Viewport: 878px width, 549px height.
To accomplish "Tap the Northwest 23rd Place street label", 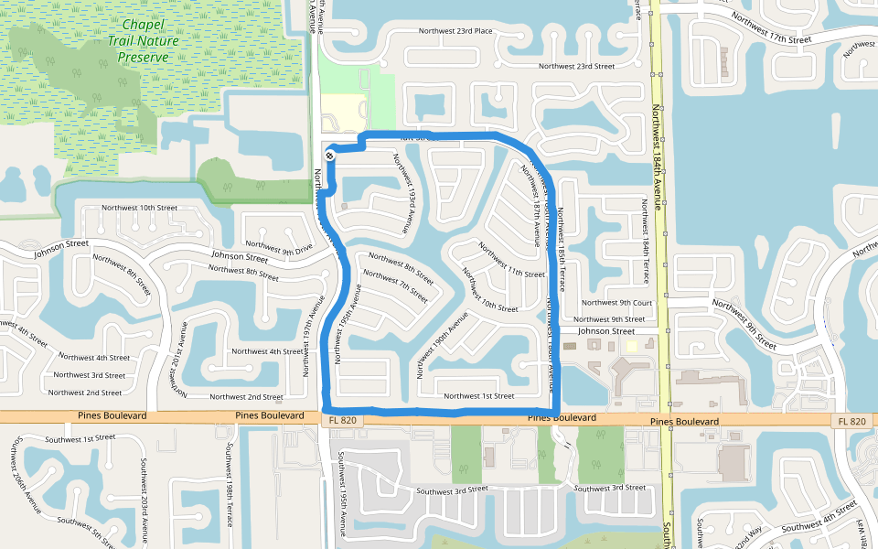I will click(455, 31).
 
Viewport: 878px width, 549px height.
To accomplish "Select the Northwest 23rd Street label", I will click(576, 66).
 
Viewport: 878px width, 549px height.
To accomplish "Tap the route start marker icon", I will click(329, 156).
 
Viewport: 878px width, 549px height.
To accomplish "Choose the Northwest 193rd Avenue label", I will click(404, 191).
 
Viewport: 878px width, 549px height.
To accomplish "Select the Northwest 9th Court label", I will click(617, 303).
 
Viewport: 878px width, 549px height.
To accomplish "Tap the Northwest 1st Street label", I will click(478, 396).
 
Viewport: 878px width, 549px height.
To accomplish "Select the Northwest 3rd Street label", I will click(90, 375).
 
